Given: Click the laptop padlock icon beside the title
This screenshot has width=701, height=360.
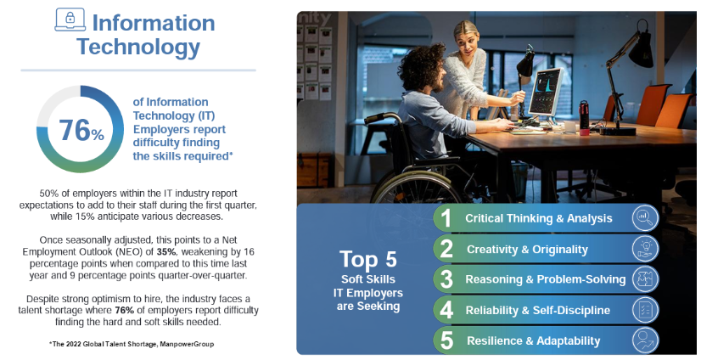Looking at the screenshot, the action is click(70, 20).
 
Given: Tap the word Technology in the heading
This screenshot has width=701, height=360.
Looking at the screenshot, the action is click(138, 47).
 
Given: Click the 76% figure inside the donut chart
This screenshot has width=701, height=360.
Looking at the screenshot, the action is click(81, 130).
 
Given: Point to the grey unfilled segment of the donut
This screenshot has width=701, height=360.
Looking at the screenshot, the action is click(53, 102).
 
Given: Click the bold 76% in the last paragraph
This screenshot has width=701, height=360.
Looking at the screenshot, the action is click(125, 311).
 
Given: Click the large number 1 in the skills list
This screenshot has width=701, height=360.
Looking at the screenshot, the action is click(446, 218).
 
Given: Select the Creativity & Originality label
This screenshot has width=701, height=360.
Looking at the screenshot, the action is click(527, 250).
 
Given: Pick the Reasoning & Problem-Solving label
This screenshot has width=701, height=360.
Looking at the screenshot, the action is click(546, 279).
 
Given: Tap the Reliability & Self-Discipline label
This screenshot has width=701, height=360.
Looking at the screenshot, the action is click(538, 311).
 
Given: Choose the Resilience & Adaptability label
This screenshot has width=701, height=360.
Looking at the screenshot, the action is click(533, 340).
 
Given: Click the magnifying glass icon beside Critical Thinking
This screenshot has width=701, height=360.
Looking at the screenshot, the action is click(645, 218).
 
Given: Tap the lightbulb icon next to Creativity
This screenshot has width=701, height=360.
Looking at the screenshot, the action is click(645, 249).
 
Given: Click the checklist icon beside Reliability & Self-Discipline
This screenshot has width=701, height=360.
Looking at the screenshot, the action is click(645, 310).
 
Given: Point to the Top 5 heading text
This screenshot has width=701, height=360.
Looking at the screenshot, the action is click(368, 259).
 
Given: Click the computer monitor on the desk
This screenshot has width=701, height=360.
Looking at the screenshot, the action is click(546, 93).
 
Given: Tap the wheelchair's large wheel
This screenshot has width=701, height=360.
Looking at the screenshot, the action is click(416, 188).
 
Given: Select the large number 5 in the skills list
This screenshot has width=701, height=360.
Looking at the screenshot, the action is click(446, 340).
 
